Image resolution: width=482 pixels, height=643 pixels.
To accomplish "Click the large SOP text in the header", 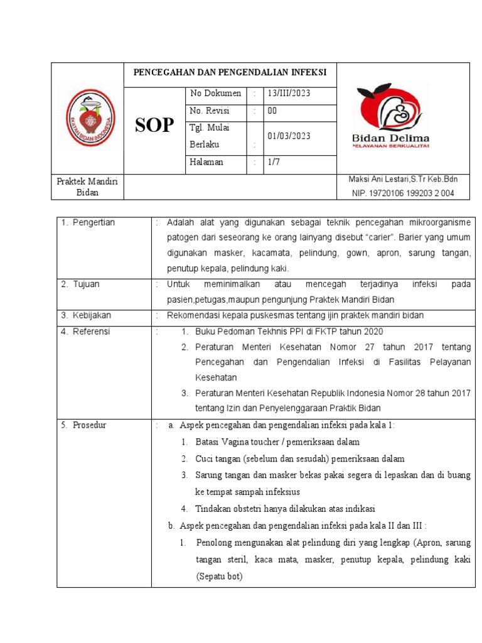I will point(154,125).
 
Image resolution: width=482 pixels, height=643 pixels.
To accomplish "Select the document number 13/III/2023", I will point(289,93).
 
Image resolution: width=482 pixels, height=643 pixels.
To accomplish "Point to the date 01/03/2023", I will point(289,136).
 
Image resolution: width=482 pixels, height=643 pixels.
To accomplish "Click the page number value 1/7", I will point(274,161).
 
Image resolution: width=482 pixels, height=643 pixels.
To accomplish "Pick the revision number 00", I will point(272,111).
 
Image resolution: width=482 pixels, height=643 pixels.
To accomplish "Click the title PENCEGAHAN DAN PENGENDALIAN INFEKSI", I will point(230,72).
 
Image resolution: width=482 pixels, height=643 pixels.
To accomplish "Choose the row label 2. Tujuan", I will point(81,284).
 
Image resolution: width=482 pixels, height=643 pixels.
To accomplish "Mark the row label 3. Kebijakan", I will point(86,315).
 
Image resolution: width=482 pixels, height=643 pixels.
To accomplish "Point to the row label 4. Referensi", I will point(86,331).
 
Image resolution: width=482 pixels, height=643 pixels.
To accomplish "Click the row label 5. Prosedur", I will point(84,425).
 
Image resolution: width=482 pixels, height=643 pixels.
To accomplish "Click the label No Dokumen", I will point(215,93).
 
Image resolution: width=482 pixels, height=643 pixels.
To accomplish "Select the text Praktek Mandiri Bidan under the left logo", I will point(87,186).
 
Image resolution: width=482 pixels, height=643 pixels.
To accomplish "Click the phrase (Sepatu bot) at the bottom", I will point(218,576).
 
